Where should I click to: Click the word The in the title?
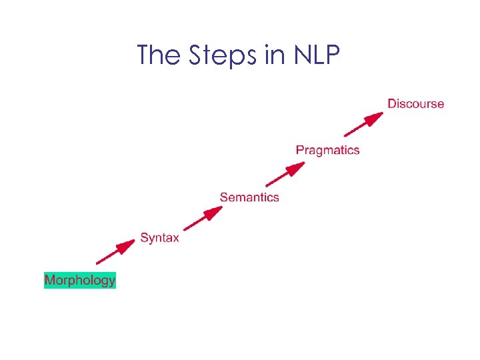[159, 55]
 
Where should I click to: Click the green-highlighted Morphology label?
[80, 280]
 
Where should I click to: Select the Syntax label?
[159, 238]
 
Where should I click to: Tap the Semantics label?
[249, 197]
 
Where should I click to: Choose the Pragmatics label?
[327, 150]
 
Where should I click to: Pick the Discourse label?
[415, 103]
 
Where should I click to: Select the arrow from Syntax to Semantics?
[202, 218]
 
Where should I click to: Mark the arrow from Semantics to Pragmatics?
[285, 173]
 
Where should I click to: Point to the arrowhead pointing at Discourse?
[377, 117]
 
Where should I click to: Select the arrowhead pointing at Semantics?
[214, 211]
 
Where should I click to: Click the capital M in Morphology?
[50, 280]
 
